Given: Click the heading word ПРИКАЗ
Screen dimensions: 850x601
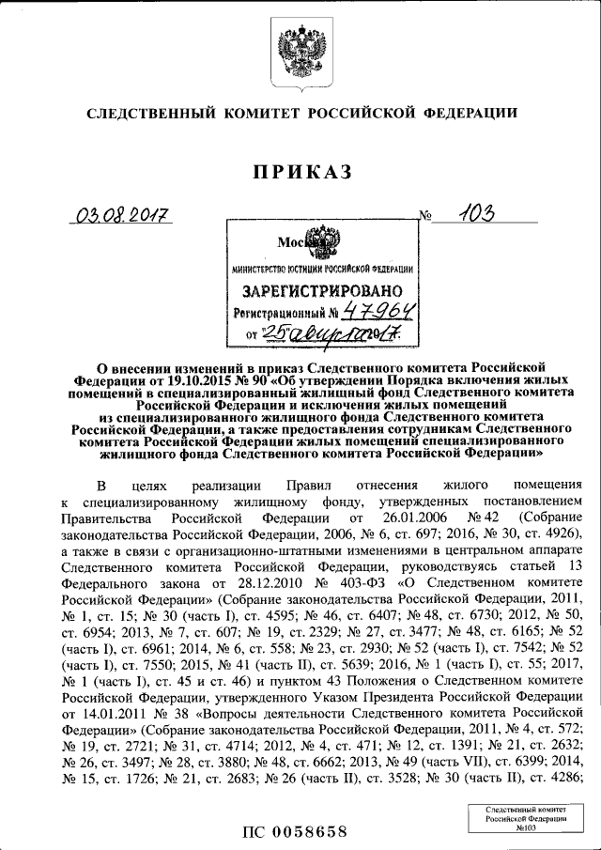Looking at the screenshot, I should point(300,172).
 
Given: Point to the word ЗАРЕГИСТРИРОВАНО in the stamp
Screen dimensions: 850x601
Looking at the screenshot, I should point(323,291).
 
